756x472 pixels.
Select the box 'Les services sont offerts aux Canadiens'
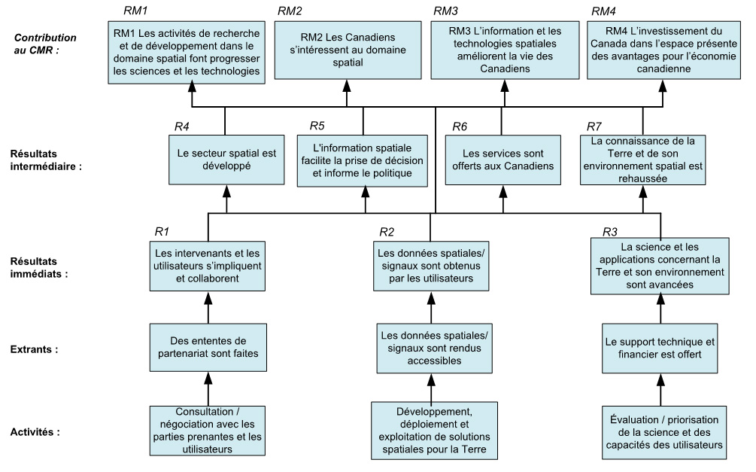click(x=500, y=159)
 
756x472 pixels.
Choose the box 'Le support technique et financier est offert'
click(x=660, y=348)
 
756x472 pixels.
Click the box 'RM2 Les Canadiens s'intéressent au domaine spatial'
click(x=348, y=50)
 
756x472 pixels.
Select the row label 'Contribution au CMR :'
click(x=47, y=43)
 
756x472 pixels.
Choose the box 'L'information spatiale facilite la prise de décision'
click(x=364, y=159)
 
